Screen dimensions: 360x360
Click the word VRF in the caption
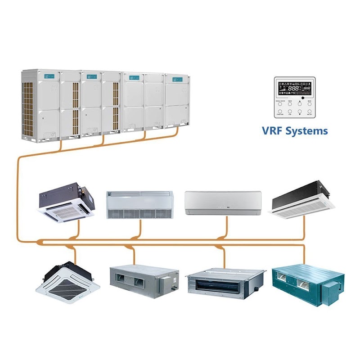(x=272, y=131)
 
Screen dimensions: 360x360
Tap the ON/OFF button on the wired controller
(x=310, y=111)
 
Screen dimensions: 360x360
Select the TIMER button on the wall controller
(x=290, y=104)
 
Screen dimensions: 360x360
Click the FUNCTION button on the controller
(x=280, y=111)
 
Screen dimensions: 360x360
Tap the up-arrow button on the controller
(x=300, y=104)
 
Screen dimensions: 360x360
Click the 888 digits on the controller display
(x=293, y=88)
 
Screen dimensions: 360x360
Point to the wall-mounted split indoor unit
(x=223, y=202)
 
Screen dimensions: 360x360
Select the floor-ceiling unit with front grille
(x=140, y=205)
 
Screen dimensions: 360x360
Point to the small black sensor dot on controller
(x=303, y=98)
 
